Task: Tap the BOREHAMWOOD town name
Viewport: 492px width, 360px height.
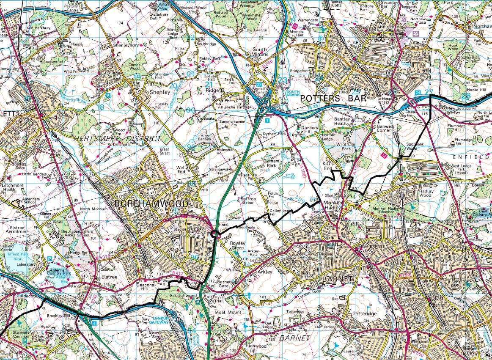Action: [x=151, y=203]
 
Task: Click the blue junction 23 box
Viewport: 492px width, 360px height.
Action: [x=259, y=84]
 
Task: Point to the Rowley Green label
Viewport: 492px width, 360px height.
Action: [x=237, y=245]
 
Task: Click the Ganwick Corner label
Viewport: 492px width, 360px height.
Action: [x=381, y=128]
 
